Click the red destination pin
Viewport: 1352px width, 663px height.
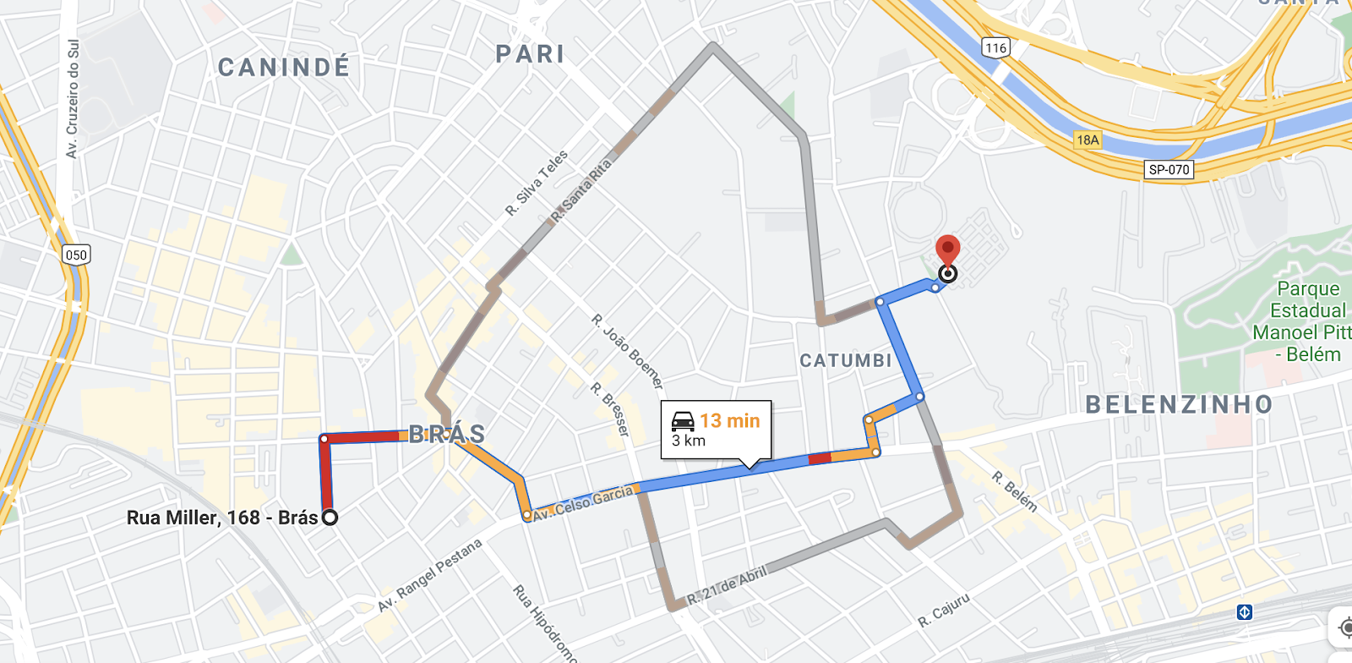[948, 251]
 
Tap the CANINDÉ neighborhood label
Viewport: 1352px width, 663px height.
[284, 68]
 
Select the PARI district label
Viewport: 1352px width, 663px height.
[530, 54]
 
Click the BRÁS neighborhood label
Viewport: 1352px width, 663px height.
[447, 434]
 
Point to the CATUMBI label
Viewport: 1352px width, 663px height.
[846, 361]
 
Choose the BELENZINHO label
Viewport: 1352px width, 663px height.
[1179, 404]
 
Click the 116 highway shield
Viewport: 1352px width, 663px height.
[996, 47]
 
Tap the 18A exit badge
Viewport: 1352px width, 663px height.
[1088, 140]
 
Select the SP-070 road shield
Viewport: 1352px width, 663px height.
[1169, 169]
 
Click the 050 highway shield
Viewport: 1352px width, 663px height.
[76, 255]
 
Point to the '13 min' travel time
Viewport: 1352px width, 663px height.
[730, 420]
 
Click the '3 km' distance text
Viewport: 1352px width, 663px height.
[689, 441]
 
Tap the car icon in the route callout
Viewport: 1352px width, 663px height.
[683, 420]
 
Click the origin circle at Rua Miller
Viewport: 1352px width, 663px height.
[330, 518]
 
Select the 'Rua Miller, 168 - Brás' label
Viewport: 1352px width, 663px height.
[222, 518]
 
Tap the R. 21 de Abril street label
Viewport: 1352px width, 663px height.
[727, 585]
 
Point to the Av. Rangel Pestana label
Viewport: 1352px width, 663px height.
[429, 574]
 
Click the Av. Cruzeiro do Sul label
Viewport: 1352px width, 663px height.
[73, 99]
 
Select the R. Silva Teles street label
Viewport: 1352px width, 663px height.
[537, 183]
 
